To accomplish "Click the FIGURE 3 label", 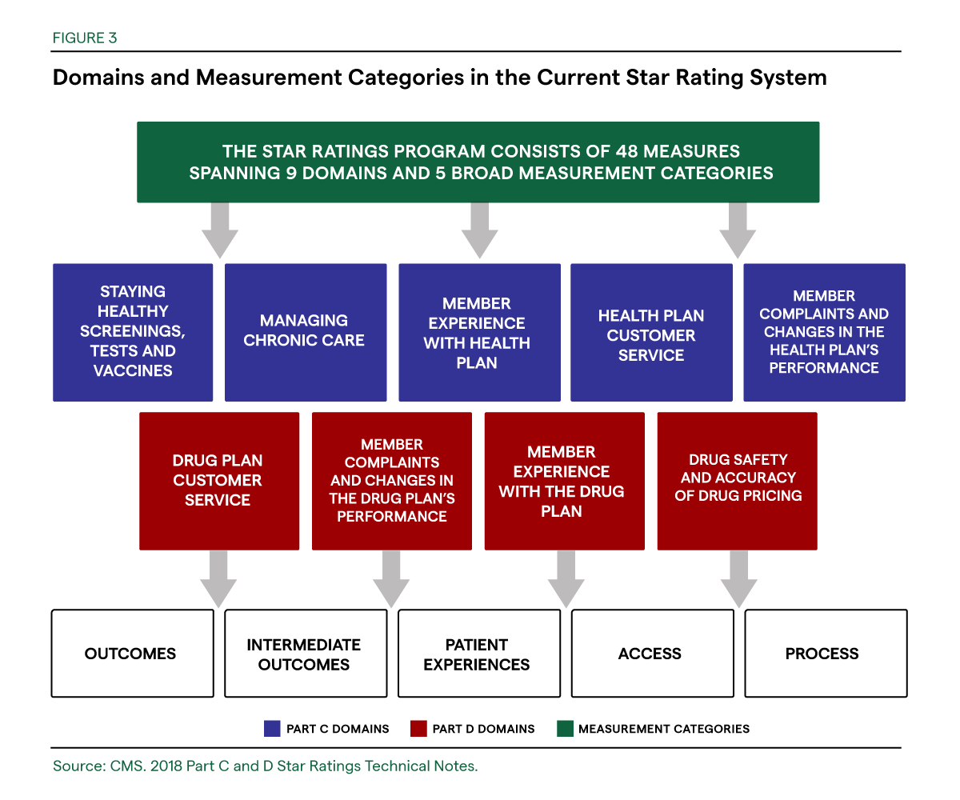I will point(85,38).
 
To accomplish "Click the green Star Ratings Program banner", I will point(478,162).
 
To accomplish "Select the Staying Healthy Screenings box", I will point(133,332).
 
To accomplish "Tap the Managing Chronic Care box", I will point(305,332).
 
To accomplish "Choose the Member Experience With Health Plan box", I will point(478,332).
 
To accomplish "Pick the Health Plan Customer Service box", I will point(650,332).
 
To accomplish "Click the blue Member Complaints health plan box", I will point(824,332).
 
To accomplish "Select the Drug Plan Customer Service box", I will point(218,481).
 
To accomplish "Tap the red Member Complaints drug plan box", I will point(391,481).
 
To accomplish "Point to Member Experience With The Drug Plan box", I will point(564,481).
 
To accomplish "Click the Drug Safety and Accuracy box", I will point(737,481).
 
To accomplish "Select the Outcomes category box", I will point(132,654).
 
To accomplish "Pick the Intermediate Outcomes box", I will point(304,654).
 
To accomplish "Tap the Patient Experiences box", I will point(478,654).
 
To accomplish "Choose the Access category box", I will point(651,654).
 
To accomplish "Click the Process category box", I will point(825,654).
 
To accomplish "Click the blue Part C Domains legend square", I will point(271,729).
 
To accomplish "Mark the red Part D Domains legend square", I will point(417,729).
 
